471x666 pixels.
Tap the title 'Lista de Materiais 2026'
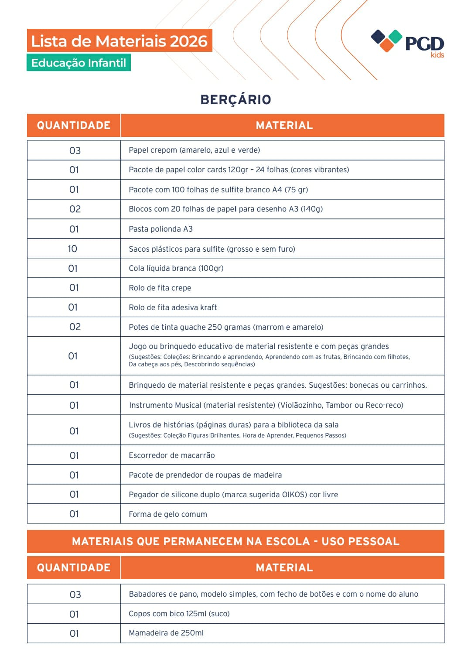click(119, 41)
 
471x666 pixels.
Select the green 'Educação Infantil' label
click(78, 63)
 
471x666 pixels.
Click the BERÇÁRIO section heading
click(235, 99)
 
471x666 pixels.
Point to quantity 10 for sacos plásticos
click(72, 249)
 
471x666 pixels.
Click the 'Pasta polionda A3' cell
click(160, 229)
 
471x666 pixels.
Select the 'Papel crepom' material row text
click(194, 150)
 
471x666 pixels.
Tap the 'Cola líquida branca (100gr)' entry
click(176, 268)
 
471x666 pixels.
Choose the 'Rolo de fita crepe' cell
click(160, 288)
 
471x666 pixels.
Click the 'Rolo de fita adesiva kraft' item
click(173, 307)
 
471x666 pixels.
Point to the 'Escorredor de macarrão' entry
click(171, 455)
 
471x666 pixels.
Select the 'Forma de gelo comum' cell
click(168, 514)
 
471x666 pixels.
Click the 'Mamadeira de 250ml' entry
click(166, 633)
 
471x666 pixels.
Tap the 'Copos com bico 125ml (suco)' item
click(179, 614)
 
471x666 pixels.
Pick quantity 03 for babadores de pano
click(75, 594)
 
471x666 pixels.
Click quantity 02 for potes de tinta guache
click(75, 327)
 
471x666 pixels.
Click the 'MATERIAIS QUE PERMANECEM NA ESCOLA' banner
click(235, 541)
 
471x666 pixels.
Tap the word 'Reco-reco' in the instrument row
click(384, 405)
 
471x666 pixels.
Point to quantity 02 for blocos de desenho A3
click(75, 209)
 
